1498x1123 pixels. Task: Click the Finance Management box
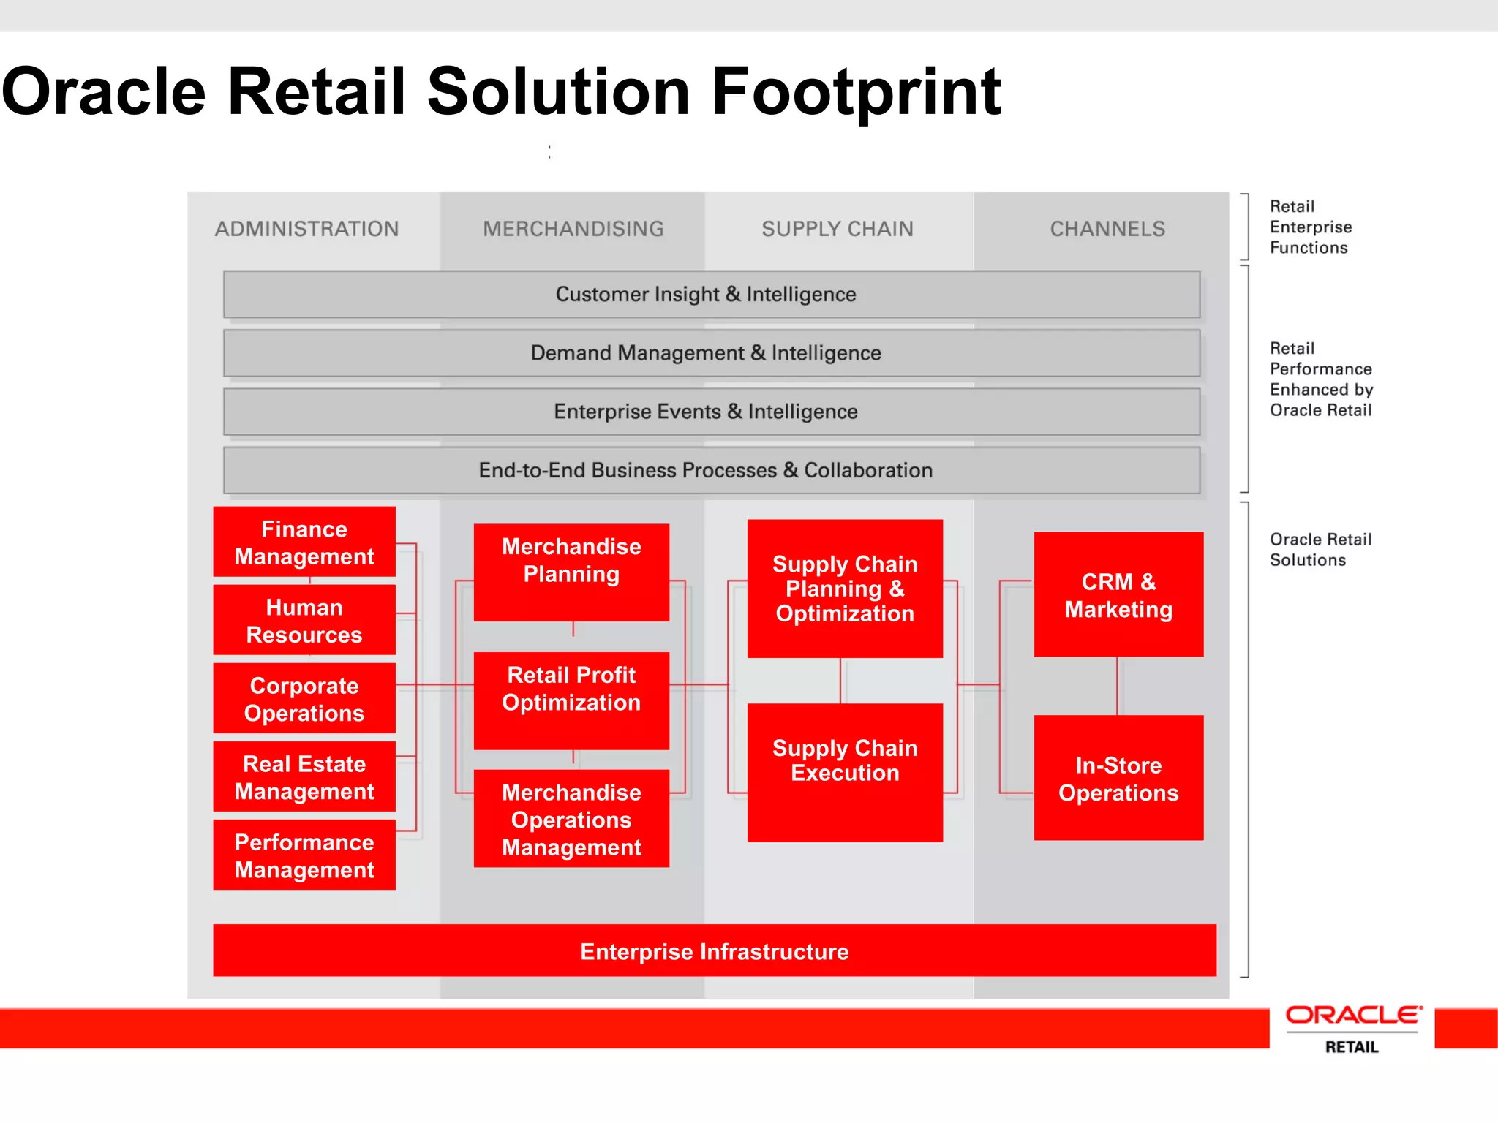(304, 542)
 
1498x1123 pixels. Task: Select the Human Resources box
(304, 620)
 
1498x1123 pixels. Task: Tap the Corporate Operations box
(304, 698)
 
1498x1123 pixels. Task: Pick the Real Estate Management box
(304, 776)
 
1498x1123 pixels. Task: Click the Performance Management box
(304, 855)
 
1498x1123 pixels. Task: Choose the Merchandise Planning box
(571, 572)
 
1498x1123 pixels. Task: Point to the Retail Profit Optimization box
(571, 700)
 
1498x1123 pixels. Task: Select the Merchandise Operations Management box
(571, 819)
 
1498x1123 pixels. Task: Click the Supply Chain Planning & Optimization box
(845, 589)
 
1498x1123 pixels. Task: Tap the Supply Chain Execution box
(845, 772)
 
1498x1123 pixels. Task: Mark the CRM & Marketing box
(1118, 594)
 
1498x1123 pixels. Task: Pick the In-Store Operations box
(1118, 778)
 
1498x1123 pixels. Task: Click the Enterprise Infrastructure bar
(715, 950)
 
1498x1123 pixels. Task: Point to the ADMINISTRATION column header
(307, 229)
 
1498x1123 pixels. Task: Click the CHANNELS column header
(1107, 229)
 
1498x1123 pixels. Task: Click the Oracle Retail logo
(1352, 1028)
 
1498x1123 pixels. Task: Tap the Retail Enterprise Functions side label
(1310, 227)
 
